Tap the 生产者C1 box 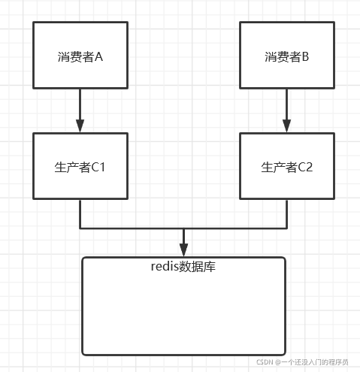pos(80,166)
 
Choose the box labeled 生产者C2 pos(287,166)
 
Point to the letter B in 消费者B pos(304,57)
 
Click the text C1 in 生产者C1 pos(98,167)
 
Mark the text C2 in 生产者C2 pos(304,167)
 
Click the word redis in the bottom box pos(165,267)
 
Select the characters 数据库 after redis pos(198,267)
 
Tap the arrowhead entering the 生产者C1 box pos(80,127)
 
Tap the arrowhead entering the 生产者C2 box pos(287,127)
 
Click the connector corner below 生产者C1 pos(80,228)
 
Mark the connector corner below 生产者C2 pos(287,228)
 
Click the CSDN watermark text pos(264,361)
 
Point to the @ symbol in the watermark pos(277,361)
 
